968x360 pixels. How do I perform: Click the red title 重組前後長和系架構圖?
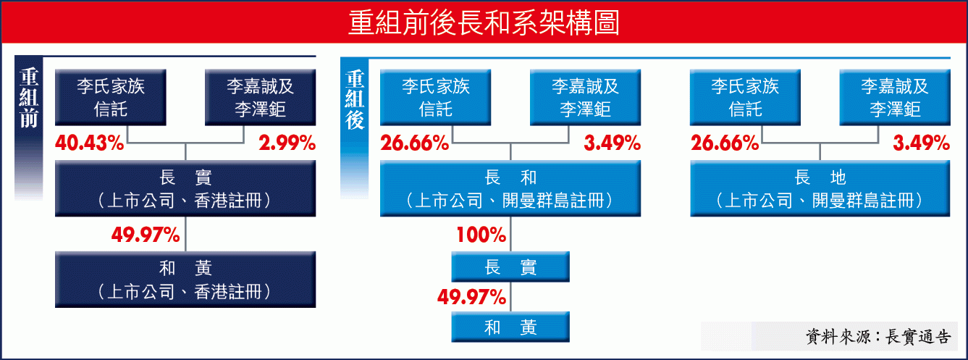coord(484,22)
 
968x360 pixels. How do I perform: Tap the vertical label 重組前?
coord(29,98)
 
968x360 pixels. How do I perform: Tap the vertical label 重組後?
coord(354,100)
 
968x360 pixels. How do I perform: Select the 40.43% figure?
coord(90,143)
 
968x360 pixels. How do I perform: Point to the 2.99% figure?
coord(287,143)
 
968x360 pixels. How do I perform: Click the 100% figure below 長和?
coord(481,235)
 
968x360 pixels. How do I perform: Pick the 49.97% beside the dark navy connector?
coord(146,235)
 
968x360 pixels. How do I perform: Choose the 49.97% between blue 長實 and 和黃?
coord(471,297)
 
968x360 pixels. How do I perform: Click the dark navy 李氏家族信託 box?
coord(111,97)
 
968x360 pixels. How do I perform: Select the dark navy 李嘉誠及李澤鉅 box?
coord(260,97)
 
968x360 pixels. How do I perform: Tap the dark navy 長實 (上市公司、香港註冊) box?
coord(185,188)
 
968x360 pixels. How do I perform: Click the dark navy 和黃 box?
coord(185,280)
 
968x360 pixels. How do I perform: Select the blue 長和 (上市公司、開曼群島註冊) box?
coord(510,188)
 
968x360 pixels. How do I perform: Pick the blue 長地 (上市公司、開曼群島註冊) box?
coord(820,188)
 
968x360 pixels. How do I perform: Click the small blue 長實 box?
coord(510,267)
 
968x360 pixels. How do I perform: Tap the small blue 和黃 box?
coord(510,327)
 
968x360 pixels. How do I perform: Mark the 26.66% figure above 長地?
coord(725,143)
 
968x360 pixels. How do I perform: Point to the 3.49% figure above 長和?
coord(612,143)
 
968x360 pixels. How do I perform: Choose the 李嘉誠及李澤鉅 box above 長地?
coord(895,97)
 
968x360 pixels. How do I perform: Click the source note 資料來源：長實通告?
coord(878,337)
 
